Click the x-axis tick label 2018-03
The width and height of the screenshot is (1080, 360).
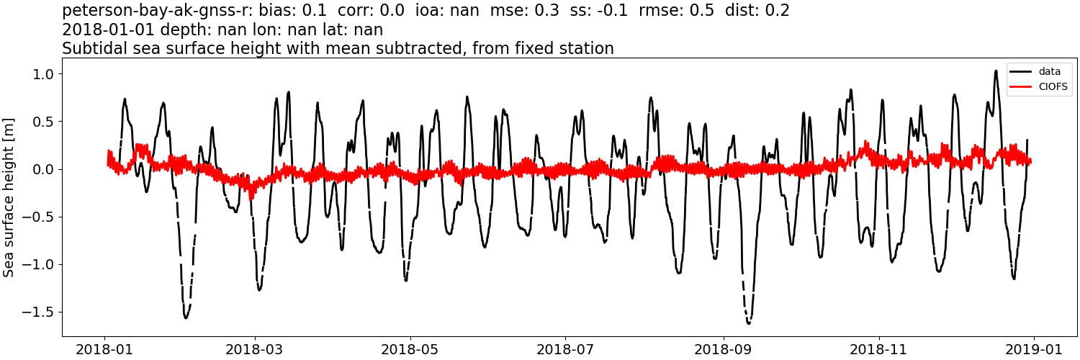coord(254,348)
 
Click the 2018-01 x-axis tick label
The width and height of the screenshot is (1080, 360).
coord(105,348)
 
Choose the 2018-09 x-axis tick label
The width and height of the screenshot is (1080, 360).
coord(724,348)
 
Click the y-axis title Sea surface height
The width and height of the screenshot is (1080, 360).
coord(9,197)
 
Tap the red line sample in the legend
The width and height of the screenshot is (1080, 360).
coord(1020,87)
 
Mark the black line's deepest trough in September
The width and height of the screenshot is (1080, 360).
coord(749,323)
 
